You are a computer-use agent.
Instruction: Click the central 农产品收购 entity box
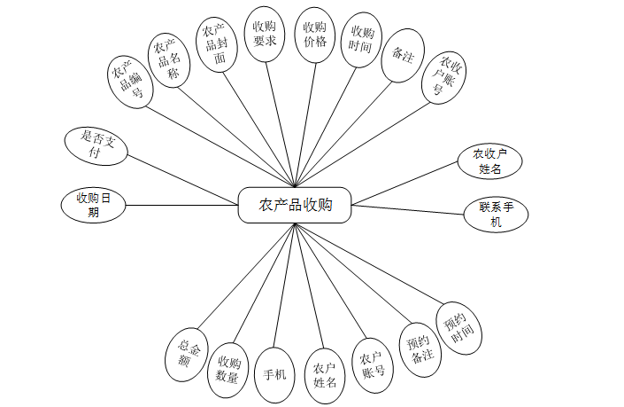click(296, 205)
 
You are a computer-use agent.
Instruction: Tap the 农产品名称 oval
click(168, 59)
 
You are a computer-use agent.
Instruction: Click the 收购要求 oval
click(264, 36)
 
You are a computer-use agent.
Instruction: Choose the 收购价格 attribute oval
click(314, 36)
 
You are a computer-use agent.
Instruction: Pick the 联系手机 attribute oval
click(497, 215)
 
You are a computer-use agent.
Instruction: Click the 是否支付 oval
click(96, 145)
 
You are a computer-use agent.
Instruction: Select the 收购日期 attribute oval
click(93, 205)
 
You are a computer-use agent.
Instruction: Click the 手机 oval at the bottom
click(275, 373)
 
